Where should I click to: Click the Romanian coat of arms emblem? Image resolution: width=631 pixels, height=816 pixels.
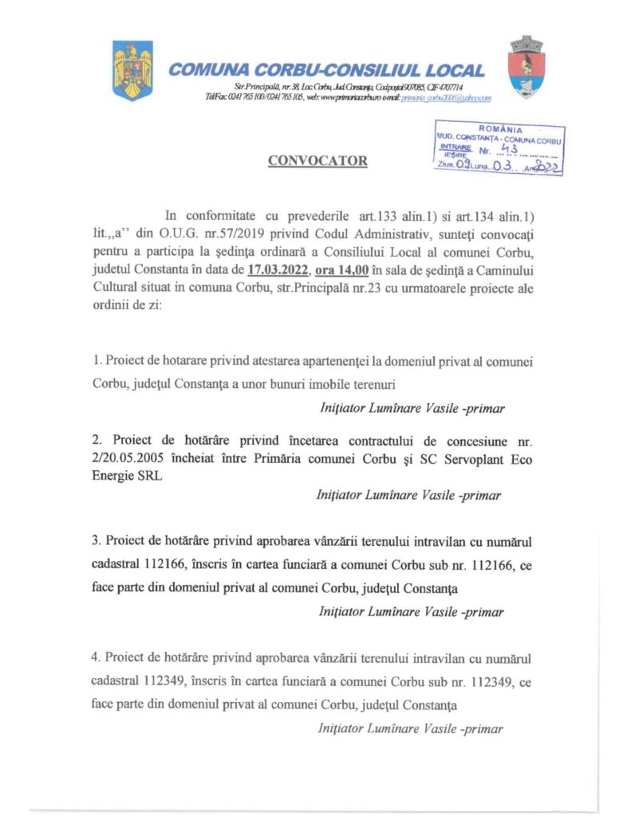[x=132, y=71]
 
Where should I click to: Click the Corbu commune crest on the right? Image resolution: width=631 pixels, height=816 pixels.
[x=526, y=67]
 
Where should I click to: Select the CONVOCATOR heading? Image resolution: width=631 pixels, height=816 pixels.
[x=317, y=162]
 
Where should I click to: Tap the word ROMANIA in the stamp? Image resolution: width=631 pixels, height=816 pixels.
[x=501, y=129]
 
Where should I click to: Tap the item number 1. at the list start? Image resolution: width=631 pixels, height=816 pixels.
[x=96, y=360]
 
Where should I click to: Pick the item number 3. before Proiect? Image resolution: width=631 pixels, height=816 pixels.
[x=96, y=543]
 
